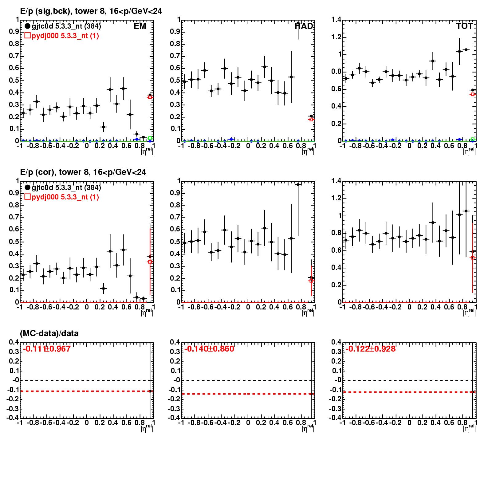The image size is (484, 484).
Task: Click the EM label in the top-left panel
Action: tap(140, 26)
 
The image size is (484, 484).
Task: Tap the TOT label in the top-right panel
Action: tap(464, 26)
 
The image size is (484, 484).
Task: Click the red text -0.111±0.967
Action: tap(47, 349)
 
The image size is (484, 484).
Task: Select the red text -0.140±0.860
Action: tap(209, 349)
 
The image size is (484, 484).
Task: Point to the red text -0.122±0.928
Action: tap(371, 349)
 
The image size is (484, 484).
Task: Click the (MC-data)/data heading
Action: tap(49, 333)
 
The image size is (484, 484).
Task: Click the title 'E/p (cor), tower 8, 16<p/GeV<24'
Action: tap(83, 172)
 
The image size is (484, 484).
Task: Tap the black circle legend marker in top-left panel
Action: tap(27, 26)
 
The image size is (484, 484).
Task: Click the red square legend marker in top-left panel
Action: tap(27, 36)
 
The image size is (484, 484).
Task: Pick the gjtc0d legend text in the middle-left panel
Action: tap(66, 187)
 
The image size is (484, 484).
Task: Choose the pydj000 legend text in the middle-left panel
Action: tap(65, 197)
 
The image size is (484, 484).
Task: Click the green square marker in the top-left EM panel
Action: tap(150, 138)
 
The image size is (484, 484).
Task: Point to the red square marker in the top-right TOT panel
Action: tap(473, 94)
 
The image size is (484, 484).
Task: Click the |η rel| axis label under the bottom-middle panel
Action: tap(308, 427)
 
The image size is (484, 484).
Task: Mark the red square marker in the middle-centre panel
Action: tap(311, 281)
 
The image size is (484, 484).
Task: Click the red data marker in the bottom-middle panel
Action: tap(311, 394)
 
